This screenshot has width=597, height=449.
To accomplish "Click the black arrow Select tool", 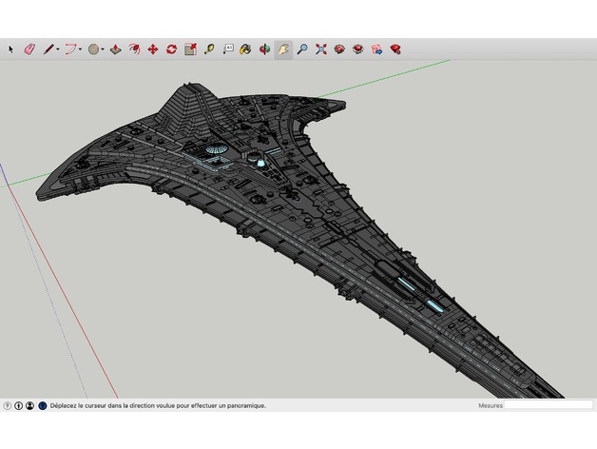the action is coord(10,49).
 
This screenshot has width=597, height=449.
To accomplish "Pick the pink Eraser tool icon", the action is coord(29,49).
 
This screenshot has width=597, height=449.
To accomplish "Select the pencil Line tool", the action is coord(48,49).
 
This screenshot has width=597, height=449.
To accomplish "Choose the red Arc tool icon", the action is coord(70,49).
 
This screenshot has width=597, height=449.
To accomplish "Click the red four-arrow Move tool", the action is coord(153,49).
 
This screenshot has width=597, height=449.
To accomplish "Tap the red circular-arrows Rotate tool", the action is coord(171,49).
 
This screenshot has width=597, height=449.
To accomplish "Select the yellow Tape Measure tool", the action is coord(208,49).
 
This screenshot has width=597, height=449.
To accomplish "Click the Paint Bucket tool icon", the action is coord(245,49).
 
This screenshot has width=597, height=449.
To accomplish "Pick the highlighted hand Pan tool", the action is coord(283,49).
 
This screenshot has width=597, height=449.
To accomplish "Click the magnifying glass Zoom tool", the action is coord(302,49).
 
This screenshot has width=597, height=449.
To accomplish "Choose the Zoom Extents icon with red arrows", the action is coord(321,49).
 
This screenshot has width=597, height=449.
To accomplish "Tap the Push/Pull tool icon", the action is coord(115,49).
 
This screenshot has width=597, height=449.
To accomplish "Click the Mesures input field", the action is coord(549,405).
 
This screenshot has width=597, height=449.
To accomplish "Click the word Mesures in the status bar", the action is coord(491,405).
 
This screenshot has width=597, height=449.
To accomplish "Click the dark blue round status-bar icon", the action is coord(43,406).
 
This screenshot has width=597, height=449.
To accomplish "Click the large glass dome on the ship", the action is coord(217,148).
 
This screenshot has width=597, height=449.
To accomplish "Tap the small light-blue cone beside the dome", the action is coord(260,163).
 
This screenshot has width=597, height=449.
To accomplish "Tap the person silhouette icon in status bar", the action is coord(29,406).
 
